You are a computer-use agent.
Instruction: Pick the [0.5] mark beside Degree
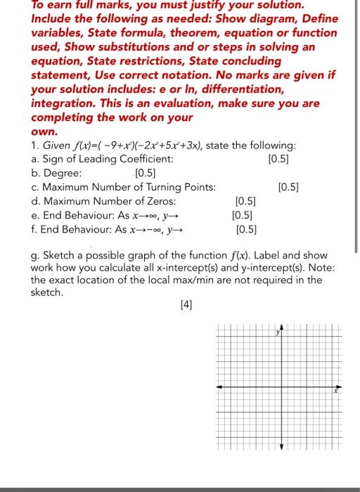pos(146,173)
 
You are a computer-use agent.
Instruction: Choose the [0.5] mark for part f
pos(247,228)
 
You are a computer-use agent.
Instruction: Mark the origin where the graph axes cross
pos(281,387)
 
